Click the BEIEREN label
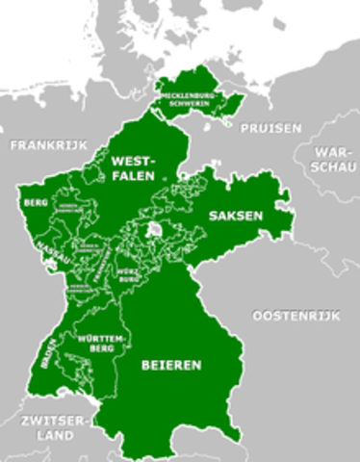(171, 366)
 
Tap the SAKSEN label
(235, 217)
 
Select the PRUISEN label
(270, 128)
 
